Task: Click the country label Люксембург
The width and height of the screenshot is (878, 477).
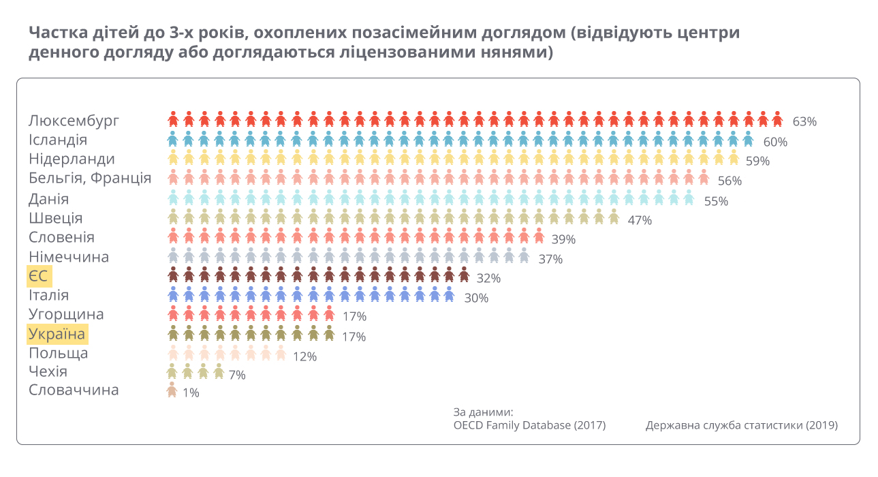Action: click(74, 121)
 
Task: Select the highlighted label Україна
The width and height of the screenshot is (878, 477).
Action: click(57, 335)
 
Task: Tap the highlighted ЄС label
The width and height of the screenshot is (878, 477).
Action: click(40, 277)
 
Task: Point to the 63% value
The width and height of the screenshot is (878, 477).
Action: click(804, 122)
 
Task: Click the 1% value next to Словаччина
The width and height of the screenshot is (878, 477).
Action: click(191, 393)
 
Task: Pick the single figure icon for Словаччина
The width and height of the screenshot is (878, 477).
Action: click(172, 390)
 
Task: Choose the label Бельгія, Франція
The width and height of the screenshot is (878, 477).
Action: click(90, 179)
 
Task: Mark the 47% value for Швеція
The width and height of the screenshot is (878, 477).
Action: click(640, 220)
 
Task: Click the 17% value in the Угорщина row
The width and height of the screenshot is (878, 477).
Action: click(354, 317)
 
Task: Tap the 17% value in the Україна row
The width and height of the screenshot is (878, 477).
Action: click(354, 337)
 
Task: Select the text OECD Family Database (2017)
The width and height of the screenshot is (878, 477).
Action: click(529, 425)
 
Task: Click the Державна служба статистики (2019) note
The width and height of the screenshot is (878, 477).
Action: click(742, 425)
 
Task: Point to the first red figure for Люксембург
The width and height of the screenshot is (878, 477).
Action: click(173, 119)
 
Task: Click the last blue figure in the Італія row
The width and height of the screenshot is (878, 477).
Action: click(449, 294)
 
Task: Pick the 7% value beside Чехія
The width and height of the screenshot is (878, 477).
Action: click(237, 375)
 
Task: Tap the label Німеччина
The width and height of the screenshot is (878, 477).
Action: click(69, 257)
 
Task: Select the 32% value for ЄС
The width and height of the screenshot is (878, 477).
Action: click(488, 279)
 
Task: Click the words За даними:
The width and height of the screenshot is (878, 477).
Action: click(483, 412)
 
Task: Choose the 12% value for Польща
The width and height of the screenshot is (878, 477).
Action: click(304, 356)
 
